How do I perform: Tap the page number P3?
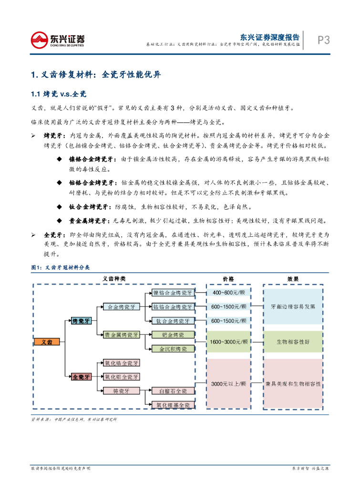324,41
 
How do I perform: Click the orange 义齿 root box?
47,342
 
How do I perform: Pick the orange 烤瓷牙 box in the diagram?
81,321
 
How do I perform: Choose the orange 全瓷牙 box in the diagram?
81,377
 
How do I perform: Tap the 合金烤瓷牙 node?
122,307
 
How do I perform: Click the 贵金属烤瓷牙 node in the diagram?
122,335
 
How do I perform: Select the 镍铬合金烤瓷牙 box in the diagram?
173,293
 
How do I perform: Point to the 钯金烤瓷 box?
173,335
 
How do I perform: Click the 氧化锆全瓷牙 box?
122,363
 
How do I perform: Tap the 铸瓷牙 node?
122,391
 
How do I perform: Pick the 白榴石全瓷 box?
173,391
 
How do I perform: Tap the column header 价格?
228,279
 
